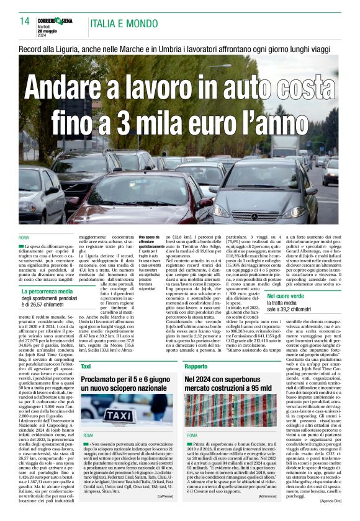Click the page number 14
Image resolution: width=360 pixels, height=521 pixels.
(24, 21)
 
